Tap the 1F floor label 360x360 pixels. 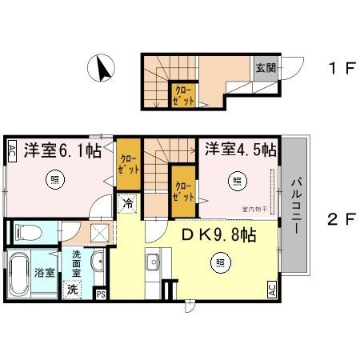pyautogui.click(x=340, y=68)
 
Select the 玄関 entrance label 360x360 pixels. pyautogui.click(x=266, y=68)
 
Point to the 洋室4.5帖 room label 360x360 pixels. pyautogui.click(x=239, y=150)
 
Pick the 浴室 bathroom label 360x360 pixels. pyautogui.click(x=45, y=272)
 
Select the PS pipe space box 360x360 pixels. pyautogui.click(x=101, y=294)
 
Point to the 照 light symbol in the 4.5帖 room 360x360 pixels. pyautogui.click(x=238, y=181)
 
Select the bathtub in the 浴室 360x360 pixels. pyautogui.click(x=19, y=274)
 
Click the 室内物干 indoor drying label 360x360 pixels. pyautogui.click(x=255, y=211)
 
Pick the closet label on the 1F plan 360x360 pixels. pyautogui.click(x=184, y=96)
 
